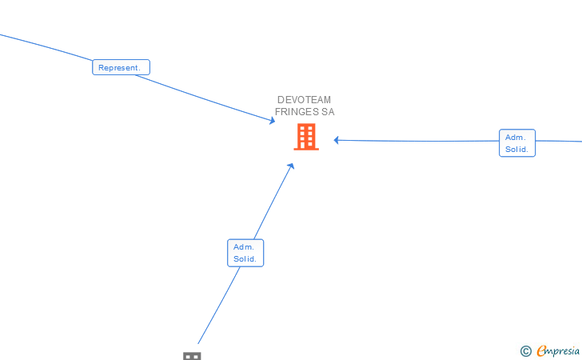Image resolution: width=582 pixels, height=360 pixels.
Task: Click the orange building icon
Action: [x=305, y=137]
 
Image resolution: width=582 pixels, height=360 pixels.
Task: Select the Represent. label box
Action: [x=121, y=68]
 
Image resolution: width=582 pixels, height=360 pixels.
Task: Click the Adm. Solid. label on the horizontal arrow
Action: [x=517, y=143]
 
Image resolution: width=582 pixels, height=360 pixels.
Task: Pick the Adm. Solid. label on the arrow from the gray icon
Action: [x=245, y=253]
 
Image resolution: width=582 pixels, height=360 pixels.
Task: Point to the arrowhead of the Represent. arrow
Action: [x=273, y=121]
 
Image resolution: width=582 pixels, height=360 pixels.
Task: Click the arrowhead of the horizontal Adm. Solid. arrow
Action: [x=337, y=140]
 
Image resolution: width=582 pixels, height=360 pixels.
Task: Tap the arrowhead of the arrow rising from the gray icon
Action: [x=291, y=166]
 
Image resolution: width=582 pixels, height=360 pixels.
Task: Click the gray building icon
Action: [x=192, y=355]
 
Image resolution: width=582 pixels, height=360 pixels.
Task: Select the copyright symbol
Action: [x=525, y=350]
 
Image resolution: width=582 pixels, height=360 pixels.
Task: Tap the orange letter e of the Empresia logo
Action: [x=541, y=350]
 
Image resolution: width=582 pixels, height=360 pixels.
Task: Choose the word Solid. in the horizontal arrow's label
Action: [x=517, y=149]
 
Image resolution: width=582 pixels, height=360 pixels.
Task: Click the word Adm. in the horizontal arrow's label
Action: [x=514, y=138]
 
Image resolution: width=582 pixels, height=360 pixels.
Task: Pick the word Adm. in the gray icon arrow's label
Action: [x=243, y=247]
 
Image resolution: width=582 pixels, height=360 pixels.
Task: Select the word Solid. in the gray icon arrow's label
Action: [x=245, y=258]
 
